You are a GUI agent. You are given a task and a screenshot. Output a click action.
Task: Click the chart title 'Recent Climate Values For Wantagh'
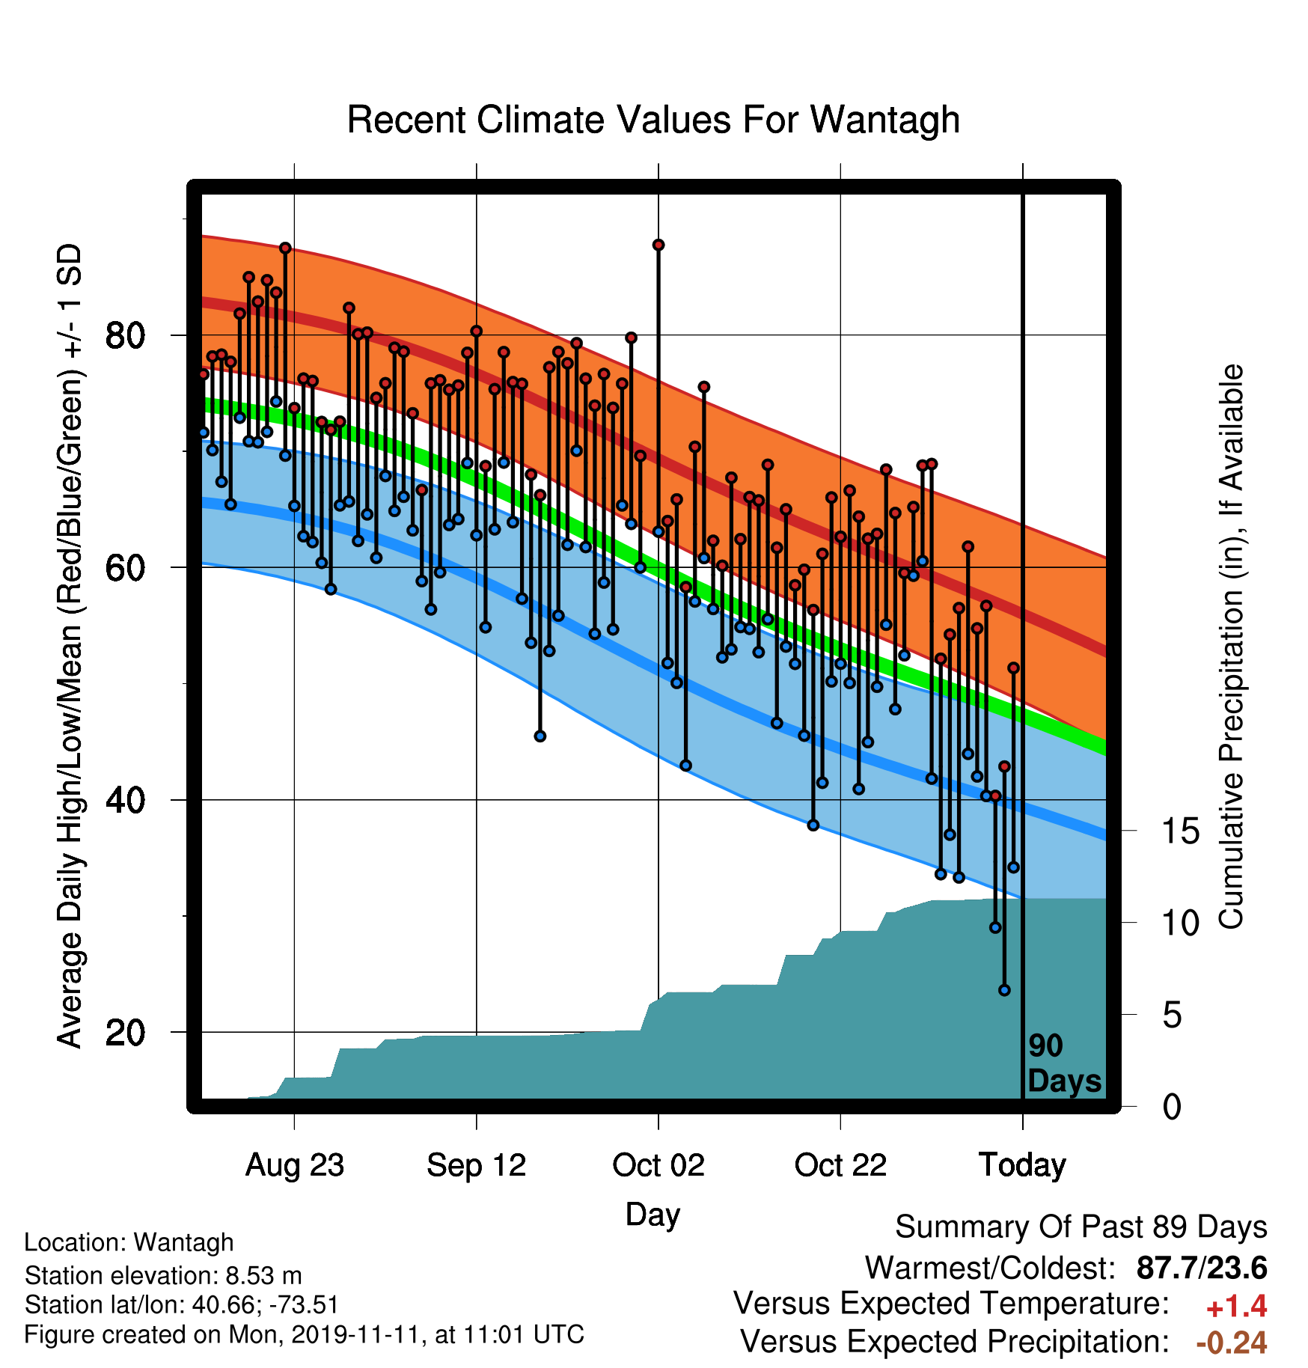pos(653,120)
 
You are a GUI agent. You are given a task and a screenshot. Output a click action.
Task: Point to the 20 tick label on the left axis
pos(125,1033)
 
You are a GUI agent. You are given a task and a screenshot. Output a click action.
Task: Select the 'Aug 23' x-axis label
pos(294,1165)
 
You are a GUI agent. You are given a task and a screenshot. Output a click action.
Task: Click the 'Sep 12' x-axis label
pos(477,1165)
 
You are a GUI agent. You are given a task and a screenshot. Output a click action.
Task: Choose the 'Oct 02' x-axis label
pos(658,1165)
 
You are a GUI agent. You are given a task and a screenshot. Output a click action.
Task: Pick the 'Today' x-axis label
pos(1022,1165)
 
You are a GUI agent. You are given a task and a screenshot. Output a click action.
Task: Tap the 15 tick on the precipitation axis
pos(1180,831)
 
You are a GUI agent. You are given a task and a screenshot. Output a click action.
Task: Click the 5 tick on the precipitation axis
pos(1172,1016)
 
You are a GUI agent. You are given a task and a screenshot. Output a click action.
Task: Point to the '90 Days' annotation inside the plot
pos(1064,1063)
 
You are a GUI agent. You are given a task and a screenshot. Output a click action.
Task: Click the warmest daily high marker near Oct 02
pos(658,245)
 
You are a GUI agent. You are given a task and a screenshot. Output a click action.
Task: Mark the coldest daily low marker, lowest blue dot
pos(1004,990)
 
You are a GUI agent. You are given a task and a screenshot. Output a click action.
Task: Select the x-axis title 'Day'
pos(653,1215)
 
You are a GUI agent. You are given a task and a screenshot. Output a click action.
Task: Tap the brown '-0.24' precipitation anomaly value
pos(1232,1343)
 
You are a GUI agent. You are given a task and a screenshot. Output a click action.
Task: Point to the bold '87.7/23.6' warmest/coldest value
pos(1202,1268)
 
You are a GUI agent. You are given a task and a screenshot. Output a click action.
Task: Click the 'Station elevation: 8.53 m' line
pos(163,1274)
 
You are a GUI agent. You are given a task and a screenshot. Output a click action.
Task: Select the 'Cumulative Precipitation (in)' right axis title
pos(1230,647)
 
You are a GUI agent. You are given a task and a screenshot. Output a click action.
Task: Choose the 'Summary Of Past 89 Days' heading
pos(1081,1227)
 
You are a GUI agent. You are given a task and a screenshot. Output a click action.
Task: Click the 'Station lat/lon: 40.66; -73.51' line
pos(182,1304)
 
